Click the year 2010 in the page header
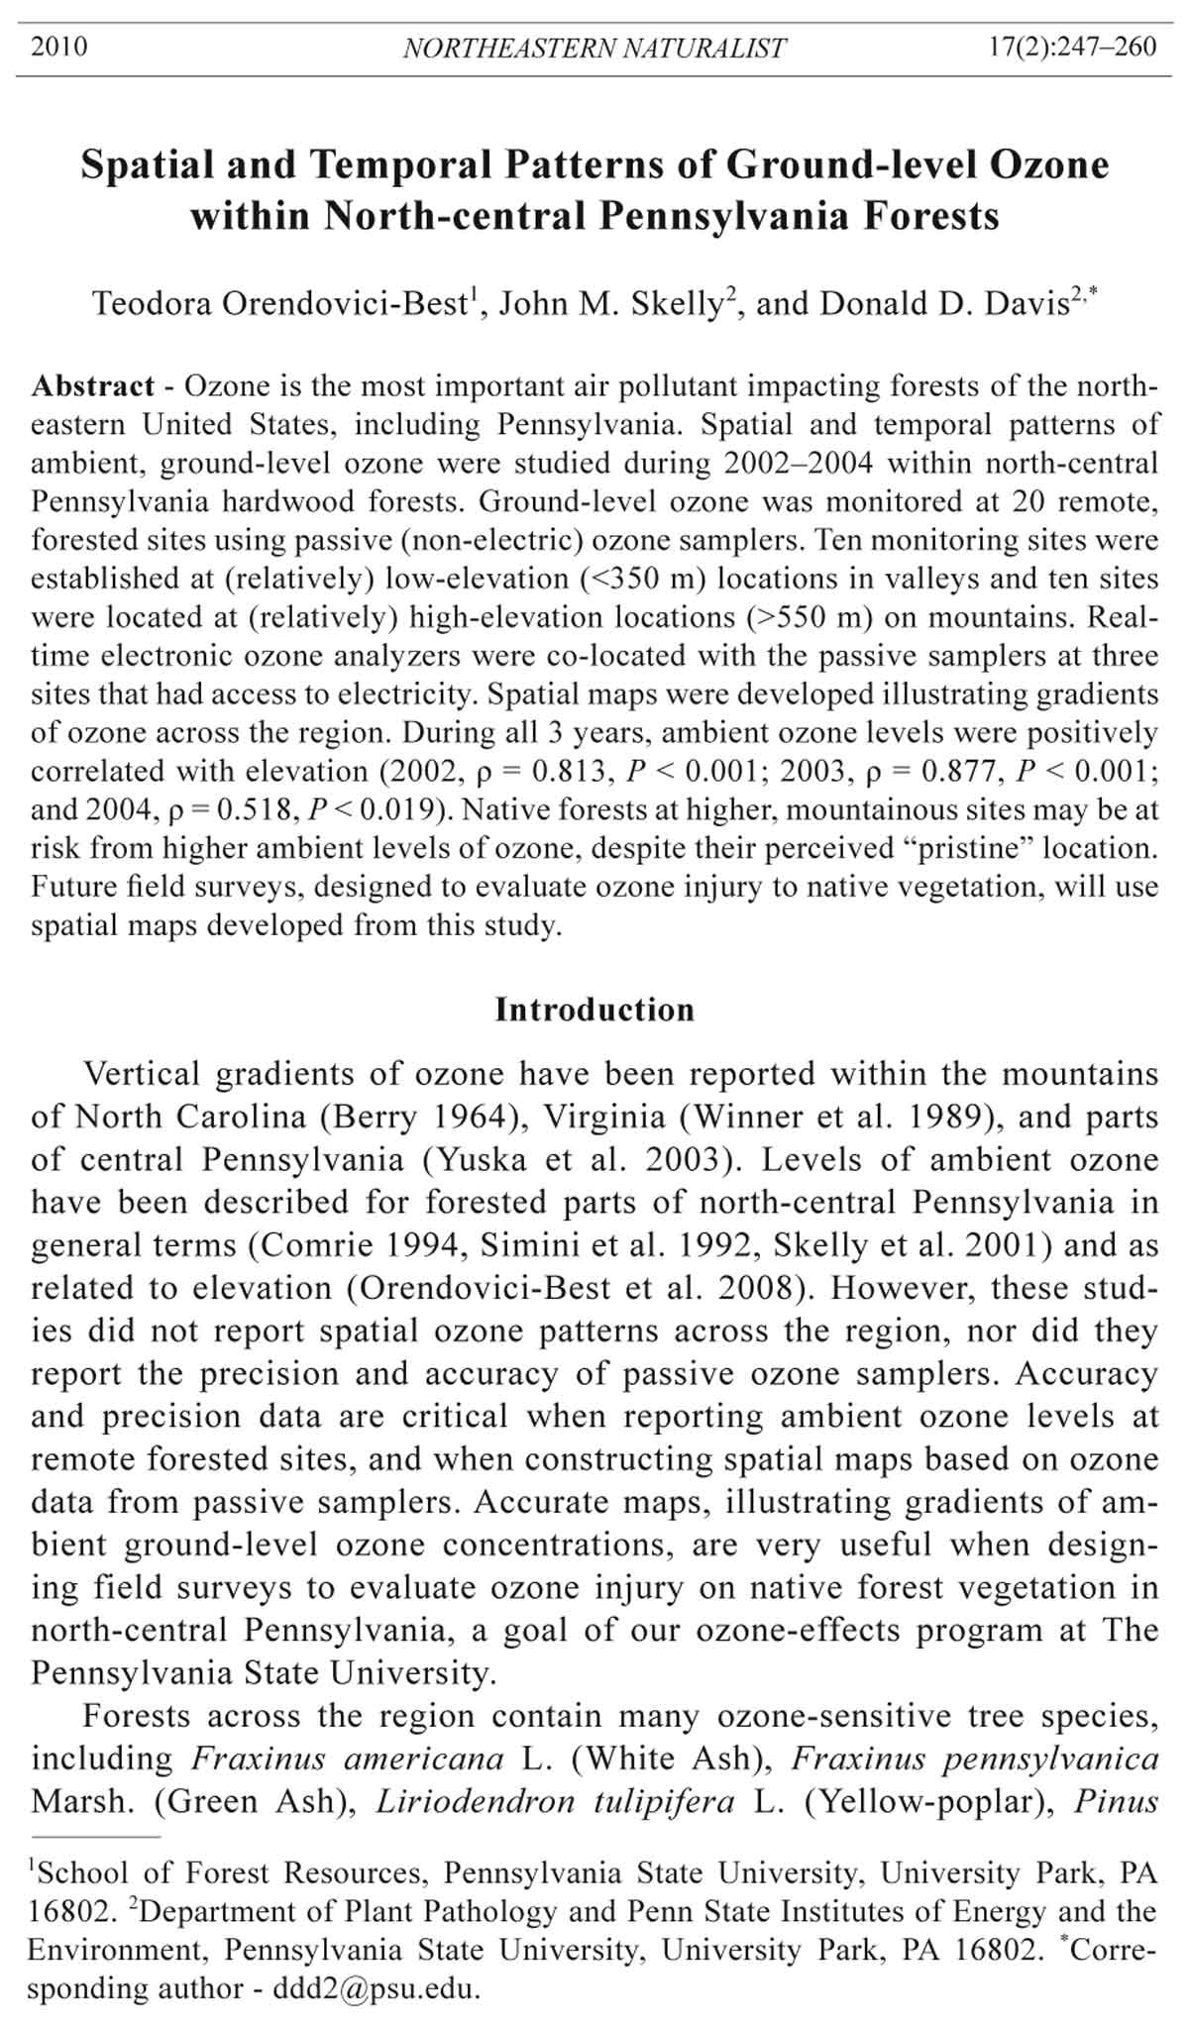(59, 47)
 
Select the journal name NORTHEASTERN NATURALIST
(594, 48)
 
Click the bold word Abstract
(93, 385)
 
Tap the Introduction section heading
(594, 1010)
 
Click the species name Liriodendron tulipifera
(555, 1800)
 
